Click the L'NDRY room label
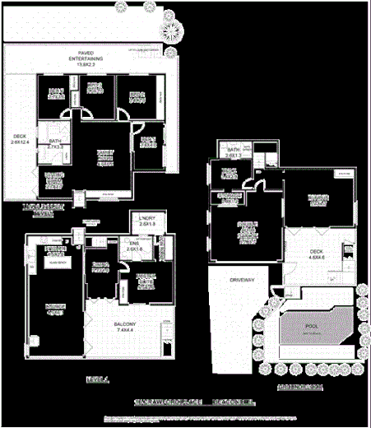pyautogui.click(x=148, y=222)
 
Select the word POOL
pyautogui.click(x=310, y=326)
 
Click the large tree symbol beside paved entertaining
pyautogui.click(x=173, y=30)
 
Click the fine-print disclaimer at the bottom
pyautogui.click(x=185, y=419)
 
